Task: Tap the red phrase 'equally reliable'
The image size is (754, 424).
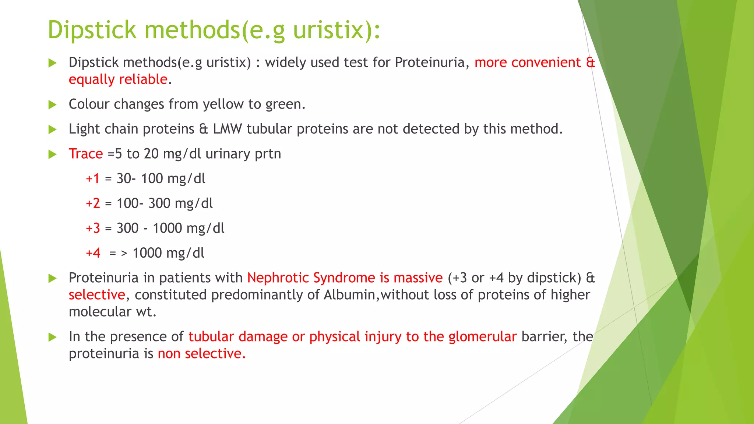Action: pos(118,79)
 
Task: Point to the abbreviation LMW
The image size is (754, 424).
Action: pos(227,129)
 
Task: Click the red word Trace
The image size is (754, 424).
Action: pos(86,154)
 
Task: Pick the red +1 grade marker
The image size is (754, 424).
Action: pos(93,179)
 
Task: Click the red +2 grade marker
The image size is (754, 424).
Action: pos(93,204)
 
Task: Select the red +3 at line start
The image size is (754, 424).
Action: pos(93,228)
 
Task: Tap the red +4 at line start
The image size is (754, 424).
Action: pos(93,253)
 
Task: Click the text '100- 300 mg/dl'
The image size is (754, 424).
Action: pos(165,204)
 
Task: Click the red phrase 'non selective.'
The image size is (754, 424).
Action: pos(201,354)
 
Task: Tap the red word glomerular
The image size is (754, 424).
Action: pos(482,337)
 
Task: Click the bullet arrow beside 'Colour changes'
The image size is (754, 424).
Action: pos(53,105)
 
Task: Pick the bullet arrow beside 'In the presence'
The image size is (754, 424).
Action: pos(53,337)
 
